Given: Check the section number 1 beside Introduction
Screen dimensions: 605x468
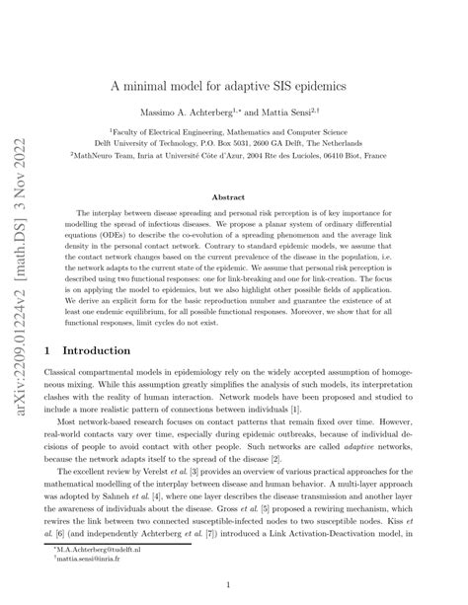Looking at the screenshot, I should pos(47,349).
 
